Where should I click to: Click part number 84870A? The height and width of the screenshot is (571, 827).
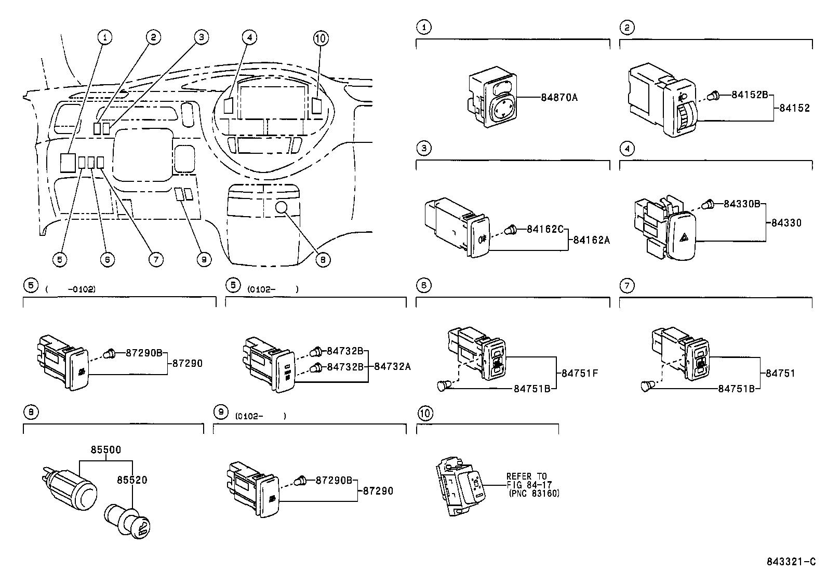point(559,98)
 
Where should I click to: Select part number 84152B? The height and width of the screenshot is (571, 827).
point(750,95)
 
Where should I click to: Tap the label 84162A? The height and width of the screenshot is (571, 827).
point(591,240)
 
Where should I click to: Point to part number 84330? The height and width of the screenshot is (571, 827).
point(786,223)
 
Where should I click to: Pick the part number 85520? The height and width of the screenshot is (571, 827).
point(132,480)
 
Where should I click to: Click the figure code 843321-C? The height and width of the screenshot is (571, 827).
point(793,562)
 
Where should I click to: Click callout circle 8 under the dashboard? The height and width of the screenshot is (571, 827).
point(323,259)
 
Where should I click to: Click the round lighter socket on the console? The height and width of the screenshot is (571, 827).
point(282,208)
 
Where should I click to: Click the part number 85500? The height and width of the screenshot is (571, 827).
point(105,449)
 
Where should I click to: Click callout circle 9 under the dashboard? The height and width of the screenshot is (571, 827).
point(205,259)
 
